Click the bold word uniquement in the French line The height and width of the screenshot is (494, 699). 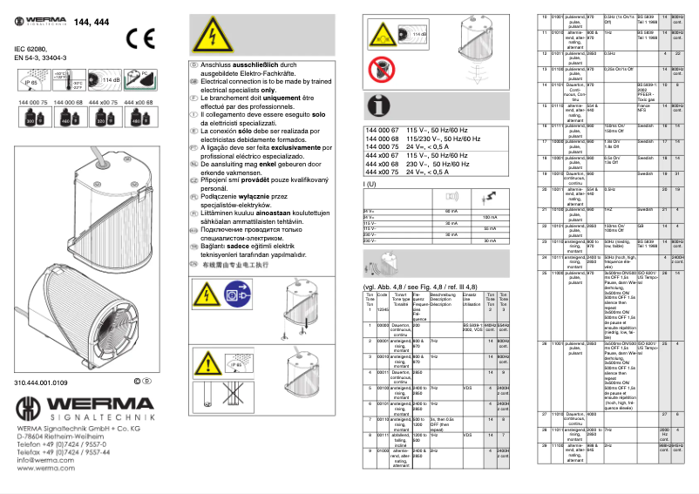point(286,98)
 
